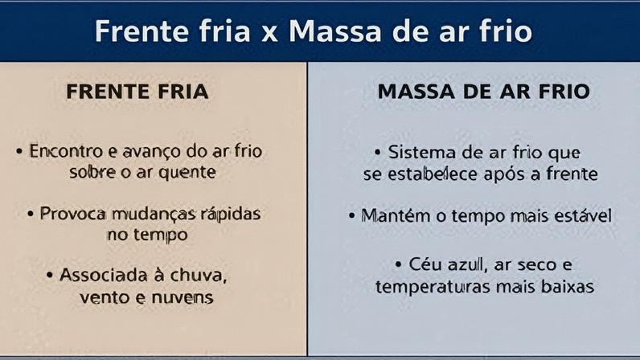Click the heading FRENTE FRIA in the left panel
click(137, 92)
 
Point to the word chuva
click(198, 276)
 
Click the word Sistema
click(422, 153)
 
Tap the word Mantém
click(395, 215)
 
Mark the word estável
click(576, 215)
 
